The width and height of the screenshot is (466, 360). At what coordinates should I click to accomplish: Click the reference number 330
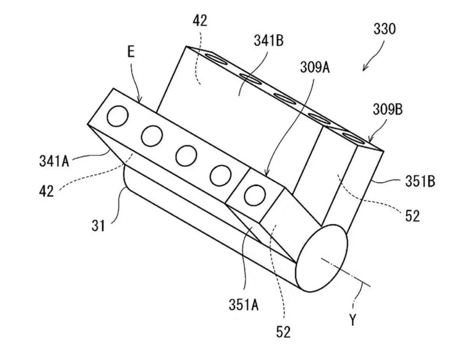384,29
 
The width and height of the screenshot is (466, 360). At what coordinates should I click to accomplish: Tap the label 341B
268,40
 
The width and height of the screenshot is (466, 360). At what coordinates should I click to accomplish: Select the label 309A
315,67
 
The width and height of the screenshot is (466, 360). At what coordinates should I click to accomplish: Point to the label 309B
388,110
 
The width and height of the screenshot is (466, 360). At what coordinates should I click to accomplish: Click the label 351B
420,181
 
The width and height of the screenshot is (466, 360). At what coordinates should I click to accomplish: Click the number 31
98,226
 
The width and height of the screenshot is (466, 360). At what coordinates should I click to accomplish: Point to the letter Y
353,320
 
